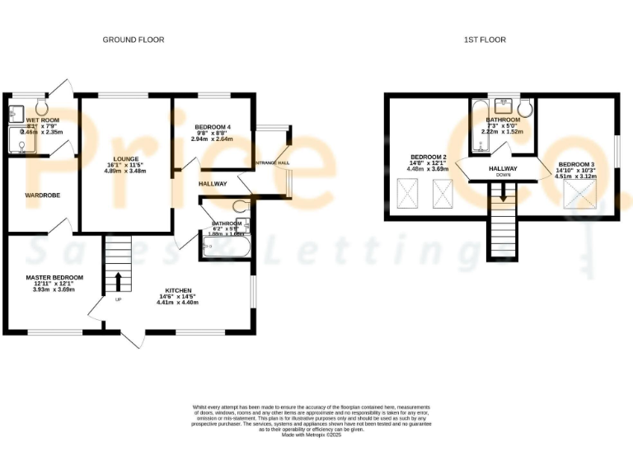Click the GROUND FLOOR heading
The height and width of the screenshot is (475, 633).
[133, 40]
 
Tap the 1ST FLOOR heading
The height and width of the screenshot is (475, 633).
[485, 40]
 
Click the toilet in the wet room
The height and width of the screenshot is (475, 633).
[42, 107]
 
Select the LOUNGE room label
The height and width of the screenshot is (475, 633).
[125, 158]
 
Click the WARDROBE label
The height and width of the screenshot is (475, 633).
[39, 195]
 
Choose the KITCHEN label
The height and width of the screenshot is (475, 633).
[178, 291]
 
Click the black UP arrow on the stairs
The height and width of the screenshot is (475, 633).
[118, 280]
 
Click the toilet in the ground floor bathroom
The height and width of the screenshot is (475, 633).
[241, 206]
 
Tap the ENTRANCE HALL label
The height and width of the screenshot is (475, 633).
[272, 163]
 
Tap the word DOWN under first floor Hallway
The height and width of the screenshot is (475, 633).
[503, 176]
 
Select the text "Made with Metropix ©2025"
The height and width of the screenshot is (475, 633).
[312, 435]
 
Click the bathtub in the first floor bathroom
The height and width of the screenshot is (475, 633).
[481, 136]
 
